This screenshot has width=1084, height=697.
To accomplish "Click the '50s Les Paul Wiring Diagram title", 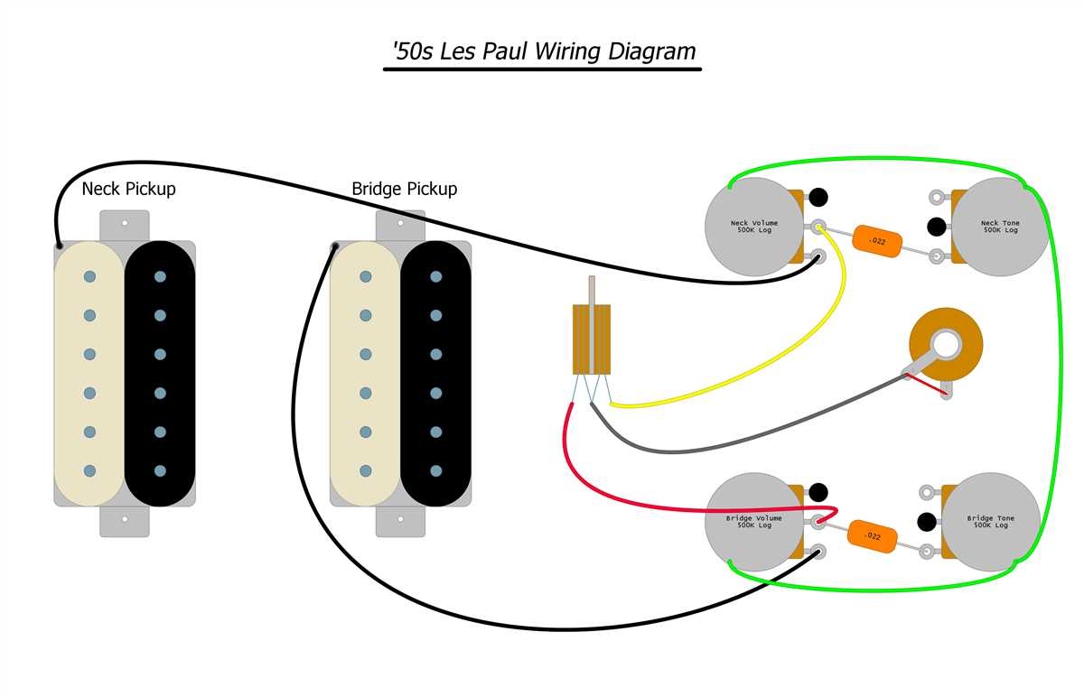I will [x=542, y=51].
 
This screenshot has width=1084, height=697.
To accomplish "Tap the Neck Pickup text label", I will [x=128, y=190].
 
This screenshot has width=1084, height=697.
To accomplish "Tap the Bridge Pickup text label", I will [x=404, y=190].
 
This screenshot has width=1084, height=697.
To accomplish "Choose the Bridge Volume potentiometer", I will [x=752, y=522].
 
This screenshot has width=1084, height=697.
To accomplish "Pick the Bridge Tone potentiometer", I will [x=991, y=522].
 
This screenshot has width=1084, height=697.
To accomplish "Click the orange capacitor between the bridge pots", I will [x=873, y=535].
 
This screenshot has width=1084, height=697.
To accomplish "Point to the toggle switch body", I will [x=592, y=339].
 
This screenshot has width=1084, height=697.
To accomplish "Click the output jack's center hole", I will [x=947, y=343].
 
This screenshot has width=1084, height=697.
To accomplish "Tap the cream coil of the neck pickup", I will [x=89, y=373].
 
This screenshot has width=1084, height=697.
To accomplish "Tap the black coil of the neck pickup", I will [x=160, y=373].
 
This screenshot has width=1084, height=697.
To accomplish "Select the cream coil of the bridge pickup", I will [x=366, y=373].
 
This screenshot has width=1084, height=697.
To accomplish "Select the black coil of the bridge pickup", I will [x=435, y=373].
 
